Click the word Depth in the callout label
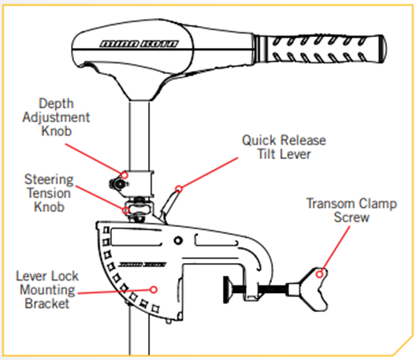[x=56, y=104]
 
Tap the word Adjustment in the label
[x=56, y=117]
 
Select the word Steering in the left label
[x=49, y=180]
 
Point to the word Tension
[x=49, y=193]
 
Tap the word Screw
[x=351, y=217]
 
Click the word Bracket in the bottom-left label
[x=47, y=303]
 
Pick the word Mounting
[x=48, y=290]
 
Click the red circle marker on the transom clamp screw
[x=319, y=274]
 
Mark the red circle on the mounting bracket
[x=154, y=290]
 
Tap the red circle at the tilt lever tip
[x=179, y=189]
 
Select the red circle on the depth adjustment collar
[x=125, y=175]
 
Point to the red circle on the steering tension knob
[x=126, y=210]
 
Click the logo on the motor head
[x=139, y=43]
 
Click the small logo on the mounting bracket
[x=142, y=265]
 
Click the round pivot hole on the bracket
[x=178, y=240]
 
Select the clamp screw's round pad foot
[x=227, y=290]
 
